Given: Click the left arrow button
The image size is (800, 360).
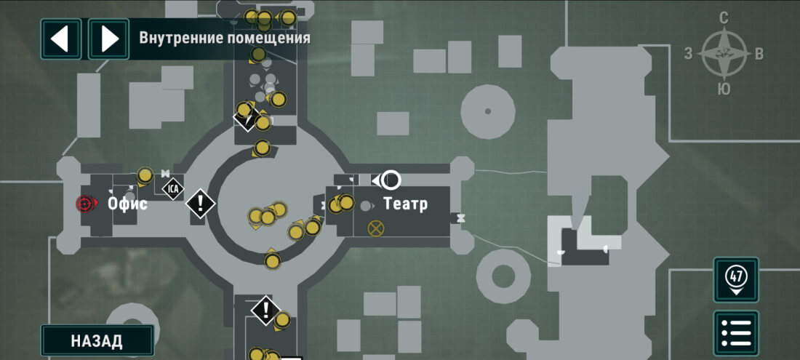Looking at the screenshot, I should tap(61, 39).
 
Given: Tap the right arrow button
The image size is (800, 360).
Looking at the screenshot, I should tap(108, 39).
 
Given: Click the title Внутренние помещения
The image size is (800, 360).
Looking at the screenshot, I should tap(225, 38).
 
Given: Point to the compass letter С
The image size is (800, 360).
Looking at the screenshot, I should tap(724, 18).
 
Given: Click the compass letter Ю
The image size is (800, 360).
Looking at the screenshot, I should tap(724, 89).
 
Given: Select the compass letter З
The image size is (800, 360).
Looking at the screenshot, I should tap(688, 53).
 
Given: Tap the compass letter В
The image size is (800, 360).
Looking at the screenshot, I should tap(759, 53).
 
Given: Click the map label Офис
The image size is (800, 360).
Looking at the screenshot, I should tap(128, 204).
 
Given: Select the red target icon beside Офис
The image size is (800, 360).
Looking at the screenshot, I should tap(86, 204).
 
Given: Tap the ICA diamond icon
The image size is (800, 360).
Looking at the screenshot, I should tap(173, 189).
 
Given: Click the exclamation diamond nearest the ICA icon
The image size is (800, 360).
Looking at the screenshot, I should tap(200, 203).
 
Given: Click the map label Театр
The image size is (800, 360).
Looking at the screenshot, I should tap(405, 204).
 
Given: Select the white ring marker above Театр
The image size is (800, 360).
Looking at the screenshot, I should tap(391, 179).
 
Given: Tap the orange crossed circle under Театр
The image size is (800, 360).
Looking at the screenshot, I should tap(376, 228).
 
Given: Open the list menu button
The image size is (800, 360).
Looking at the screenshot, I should tap(736, 332).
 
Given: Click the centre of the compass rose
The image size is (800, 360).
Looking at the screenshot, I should tap(724, 54).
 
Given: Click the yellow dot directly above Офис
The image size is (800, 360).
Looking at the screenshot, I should tap(145, 175).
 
